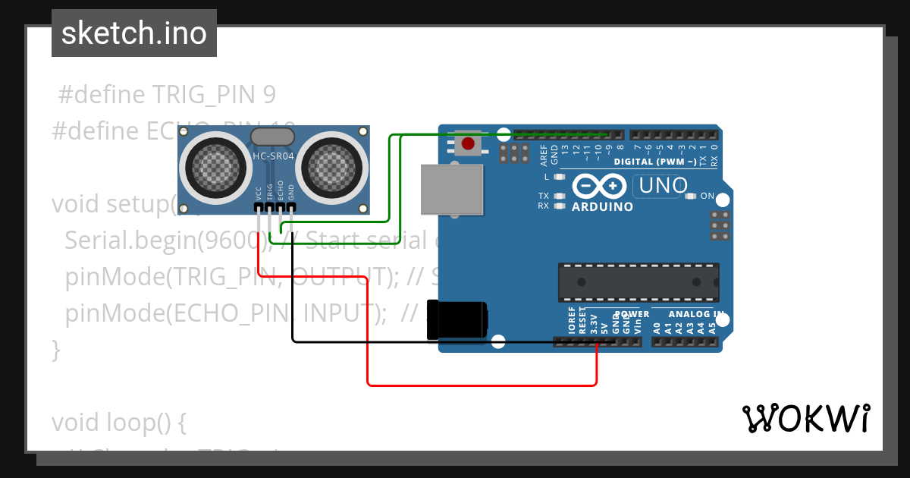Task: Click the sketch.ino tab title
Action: pyautogui.click(x=134, y=33)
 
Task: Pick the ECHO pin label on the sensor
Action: pyautogui.click(x=281, y=190)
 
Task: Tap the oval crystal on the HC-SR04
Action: pyautogui.click(x=271, y=137)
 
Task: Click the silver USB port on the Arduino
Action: pyautogui.click(x=453, y=190)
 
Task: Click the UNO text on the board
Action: pyautogui.click(x=663, y=185)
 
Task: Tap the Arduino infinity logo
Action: pyautogui.click(x=599, y=186)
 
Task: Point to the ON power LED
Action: pyautogui.click(x=690, y=197)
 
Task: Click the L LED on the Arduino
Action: pyautogui.click(x=560, y=177)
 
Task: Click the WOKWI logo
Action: pyautogui.click(x=805, y=418)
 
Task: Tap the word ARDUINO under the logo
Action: pyautogui.click(x=602, y=206)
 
